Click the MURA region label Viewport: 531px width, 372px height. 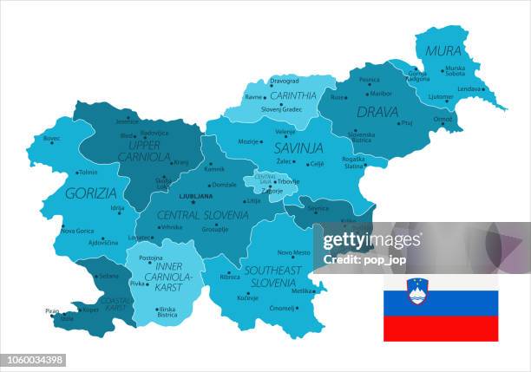(x=442, y=51)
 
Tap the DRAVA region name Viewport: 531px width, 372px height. (x=377, y=112)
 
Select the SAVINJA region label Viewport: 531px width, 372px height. (x=298, y=148)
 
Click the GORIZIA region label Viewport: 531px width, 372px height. (x=90, y=193)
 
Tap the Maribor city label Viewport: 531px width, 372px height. (x=381, y=94)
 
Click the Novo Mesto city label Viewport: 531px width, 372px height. (x=293, y=252)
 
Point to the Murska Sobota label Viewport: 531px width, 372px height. (x=455, y=71)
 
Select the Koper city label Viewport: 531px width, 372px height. (x=89, y=309)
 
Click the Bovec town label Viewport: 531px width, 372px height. (x=51, y=138)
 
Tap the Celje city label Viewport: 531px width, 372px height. (x=317, y=164)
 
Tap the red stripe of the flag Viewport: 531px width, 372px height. (x=441, y=328)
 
